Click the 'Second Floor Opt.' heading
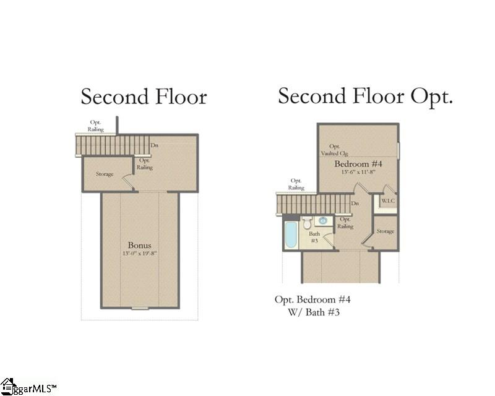click(x=365, y=97)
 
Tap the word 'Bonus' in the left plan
click(x=140, y=245)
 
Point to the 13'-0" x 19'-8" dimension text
click(x=140, y=254)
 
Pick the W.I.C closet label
click(x=388, y=201)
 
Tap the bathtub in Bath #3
click(x=291, y=235)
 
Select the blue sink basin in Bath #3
click(x=323, y=220)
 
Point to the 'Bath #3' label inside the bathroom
click(x=314, y=237)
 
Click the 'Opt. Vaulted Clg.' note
click(x=334, y=150)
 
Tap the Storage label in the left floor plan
click(x=105, y=174)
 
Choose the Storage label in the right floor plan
click(x=385, y=231)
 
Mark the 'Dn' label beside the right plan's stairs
click(x=355, y=204)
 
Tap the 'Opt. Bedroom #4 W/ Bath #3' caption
click(x=313, y=306)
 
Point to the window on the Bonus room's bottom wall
click(x=140, y=308)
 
